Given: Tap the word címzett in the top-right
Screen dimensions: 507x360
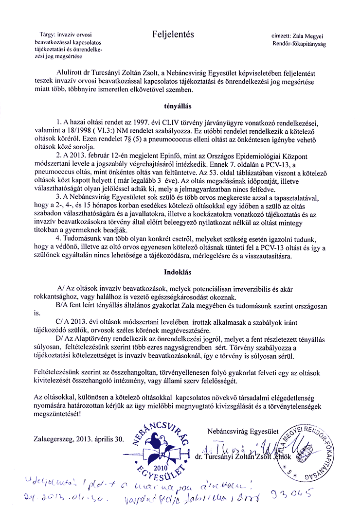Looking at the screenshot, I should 283,36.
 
